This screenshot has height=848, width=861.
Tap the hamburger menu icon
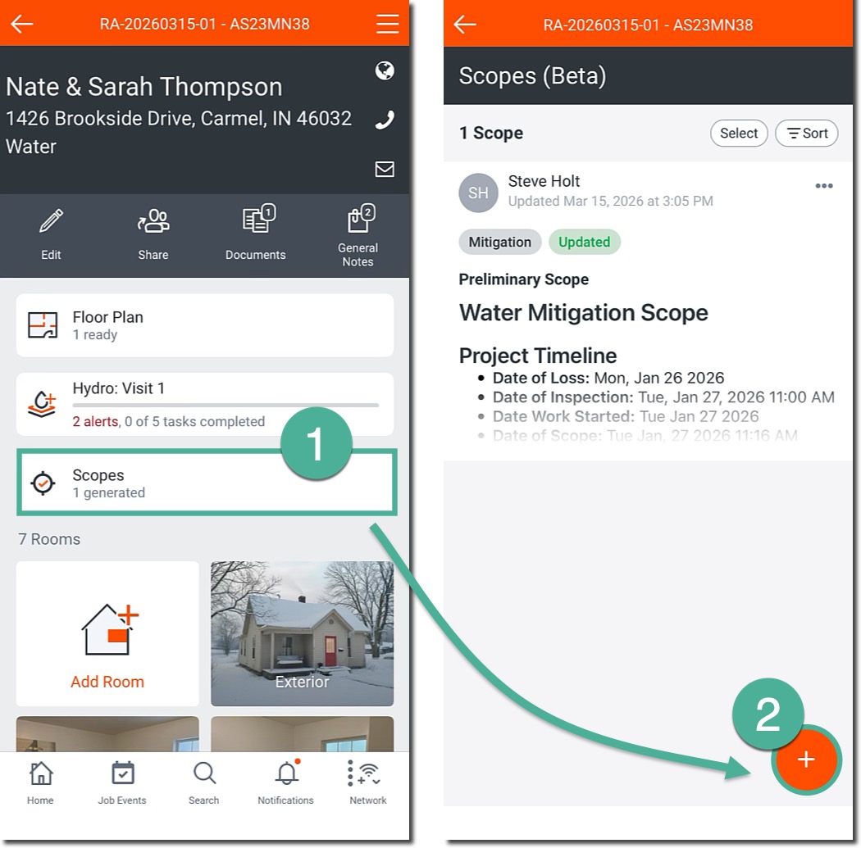387,24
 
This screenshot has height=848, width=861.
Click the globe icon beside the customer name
385,70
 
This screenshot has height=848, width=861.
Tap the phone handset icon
385,120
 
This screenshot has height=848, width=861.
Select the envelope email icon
385,169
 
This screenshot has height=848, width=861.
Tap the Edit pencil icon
51,221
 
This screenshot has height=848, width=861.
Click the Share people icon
153,221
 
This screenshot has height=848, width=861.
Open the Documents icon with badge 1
258,219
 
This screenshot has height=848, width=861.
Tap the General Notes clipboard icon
361,219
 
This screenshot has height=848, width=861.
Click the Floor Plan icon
43,325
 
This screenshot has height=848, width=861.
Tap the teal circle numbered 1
316,443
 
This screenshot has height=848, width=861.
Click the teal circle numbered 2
768,714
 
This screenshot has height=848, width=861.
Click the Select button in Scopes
739,134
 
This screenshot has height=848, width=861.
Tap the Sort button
807,134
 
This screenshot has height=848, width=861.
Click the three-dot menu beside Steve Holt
823,186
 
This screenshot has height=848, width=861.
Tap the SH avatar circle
478,193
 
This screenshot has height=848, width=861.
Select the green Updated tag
584,242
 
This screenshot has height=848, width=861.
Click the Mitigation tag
499,242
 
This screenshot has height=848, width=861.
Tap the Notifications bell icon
287,773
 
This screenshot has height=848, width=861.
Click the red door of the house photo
330,651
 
